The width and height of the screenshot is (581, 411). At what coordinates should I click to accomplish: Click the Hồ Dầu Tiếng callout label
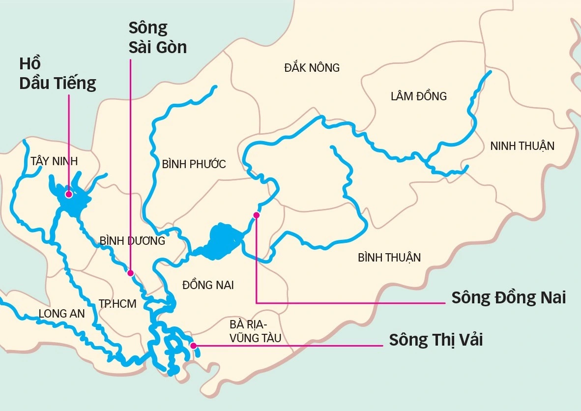tap(57, 74)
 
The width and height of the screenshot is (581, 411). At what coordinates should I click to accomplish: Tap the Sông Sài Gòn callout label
tap(157, 38)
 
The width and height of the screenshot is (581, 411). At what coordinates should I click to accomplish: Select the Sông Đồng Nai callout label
tap(509, 298)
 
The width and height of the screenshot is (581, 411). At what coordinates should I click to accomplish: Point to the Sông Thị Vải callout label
tap(436, 340)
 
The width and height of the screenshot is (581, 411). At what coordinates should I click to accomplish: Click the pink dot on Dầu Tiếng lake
tap(69, 194)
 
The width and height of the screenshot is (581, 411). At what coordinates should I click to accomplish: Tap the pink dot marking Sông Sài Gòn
tap(130, 272)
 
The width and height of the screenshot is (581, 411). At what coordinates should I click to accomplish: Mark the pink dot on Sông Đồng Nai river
tap(256, 215)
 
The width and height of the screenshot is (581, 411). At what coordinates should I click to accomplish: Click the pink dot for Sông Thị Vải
tap(193, 346)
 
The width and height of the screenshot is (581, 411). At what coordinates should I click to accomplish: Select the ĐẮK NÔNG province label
tap(312, 68)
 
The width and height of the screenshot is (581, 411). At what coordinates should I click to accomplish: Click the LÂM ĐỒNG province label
tap(419, 96)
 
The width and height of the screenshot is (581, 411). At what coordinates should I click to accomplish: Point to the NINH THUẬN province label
tap(522, 146)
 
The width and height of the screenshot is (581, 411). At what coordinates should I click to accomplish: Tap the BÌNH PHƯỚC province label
tap(194, 164)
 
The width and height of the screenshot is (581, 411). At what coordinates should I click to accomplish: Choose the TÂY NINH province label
tap(54, 161)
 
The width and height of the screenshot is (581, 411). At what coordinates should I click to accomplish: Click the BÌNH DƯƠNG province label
tap(132, 241)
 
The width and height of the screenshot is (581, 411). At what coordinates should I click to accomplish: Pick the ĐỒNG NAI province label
tap(208, 285)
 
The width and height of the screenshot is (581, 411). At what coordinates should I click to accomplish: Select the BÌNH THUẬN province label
tap(389, 258)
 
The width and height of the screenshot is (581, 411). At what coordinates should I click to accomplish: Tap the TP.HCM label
tap(117, 304)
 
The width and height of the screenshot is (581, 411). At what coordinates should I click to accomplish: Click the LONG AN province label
tap(62, 314)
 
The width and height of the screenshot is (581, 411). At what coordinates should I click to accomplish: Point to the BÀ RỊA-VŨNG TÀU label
tap(255, 331)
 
